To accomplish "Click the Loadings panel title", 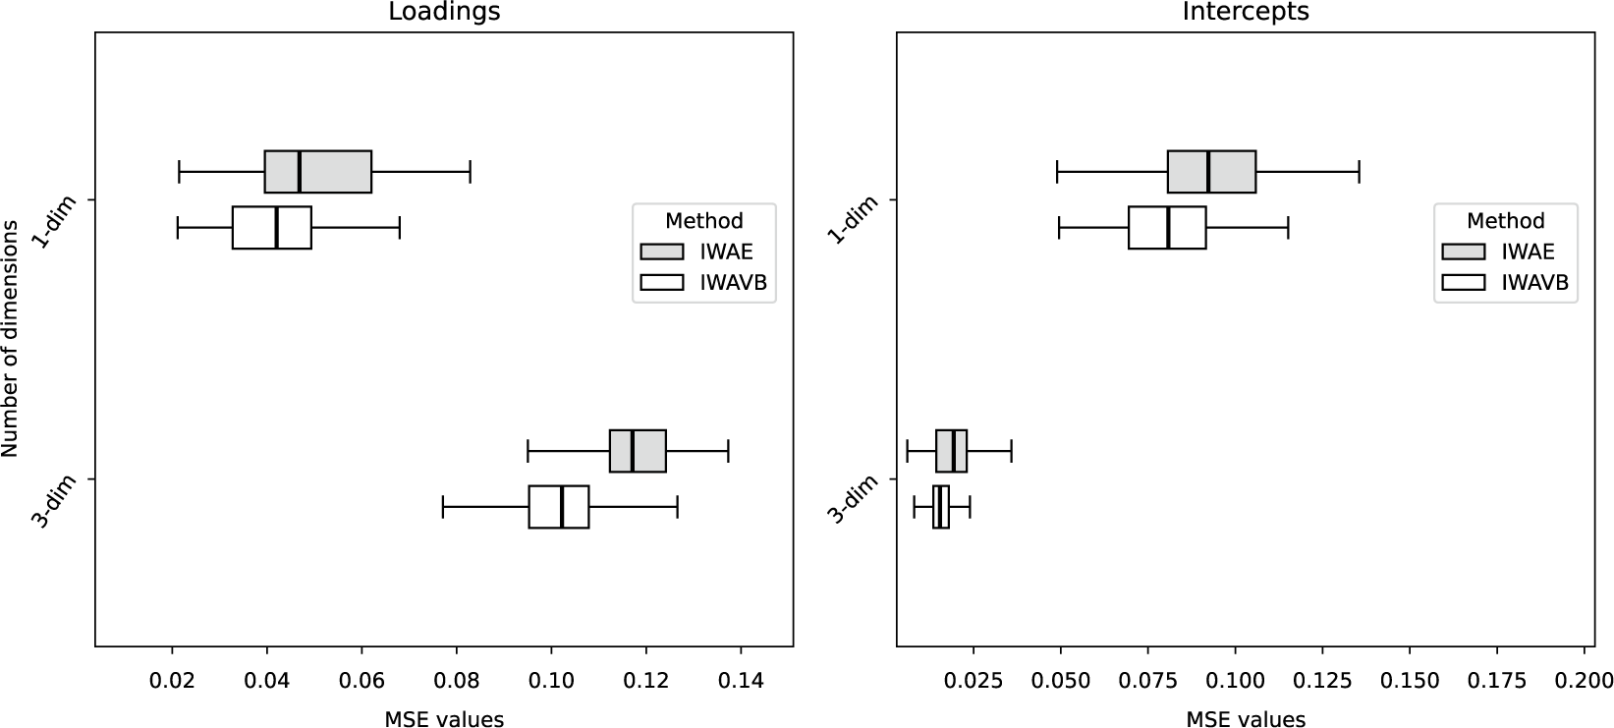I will click(444, 12).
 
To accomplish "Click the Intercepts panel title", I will click(1246, 12).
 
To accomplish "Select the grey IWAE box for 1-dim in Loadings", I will click(317, 172).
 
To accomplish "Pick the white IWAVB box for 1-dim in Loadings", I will click(271, 228).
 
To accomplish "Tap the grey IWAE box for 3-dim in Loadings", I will click(638, 451).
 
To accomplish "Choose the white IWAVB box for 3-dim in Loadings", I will click(559, 507).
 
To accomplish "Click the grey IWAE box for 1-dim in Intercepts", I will click(1211, 172).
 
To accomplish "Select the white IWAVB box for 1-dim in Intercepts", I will click(1167, 228).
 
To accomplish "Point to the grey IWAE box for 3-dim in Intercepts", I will click(951, 451).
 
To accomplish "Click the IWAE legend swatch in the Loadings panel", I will click(661, 252).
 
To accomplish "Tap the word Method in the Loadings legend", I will click(704, 221).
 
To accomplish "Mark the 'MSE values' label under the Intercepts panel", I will click(1246, 719).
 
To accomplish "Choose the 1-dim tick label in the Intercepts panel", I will click(851, 222).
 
